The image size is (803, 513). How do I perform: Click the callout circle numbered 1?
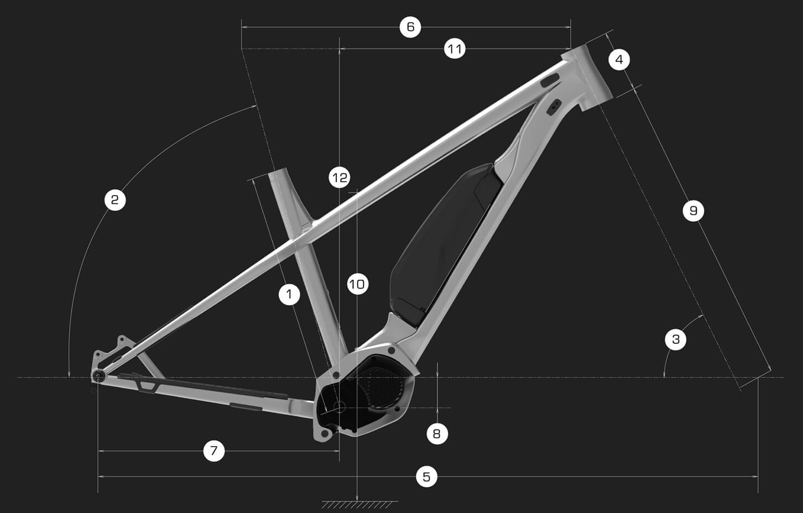click(289, 295)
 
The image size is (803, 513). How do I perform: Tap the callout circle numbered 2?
click(115, 200)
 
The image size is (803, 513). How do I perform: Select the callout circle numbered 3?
click(676, 339)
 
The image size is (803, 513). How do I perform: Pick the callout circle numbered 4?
click(619, 60)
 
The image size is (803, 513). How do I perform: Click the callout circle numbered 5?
click(426, 477)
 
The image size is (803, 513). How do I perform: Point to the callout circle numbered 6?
click(410, 27)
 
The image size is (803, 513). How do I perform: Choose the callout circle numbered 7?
click(214, 451)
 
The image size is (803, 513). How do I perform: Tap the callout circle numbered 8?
click(437, 434)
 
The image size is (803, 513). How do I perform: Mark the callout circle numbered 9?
click(693, 211)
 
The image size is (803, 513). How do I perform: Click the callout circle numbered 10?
click(358, 285)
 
